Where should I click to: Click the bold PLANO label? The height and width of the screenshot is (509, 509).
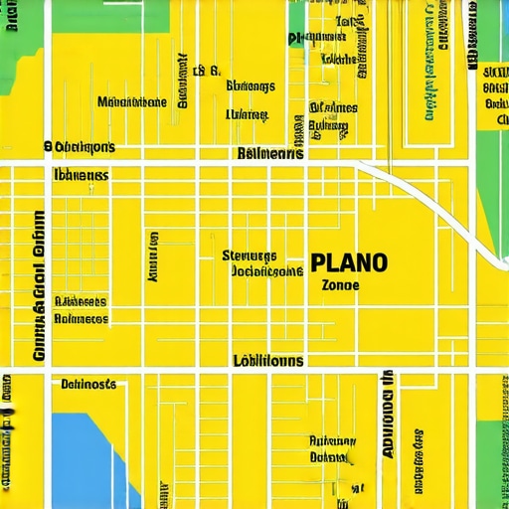coord(349,262)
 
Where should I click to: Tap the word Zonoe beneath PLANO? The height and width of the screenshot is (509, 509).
coord(340,284)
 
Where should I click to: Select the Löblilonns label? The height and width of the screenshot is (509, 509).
coord(268,361)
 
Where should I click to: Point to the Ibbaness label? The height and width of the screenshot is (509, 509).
coord(81,174)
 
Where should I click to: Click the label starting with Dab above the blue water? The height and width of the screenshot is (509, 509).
coord(87,384)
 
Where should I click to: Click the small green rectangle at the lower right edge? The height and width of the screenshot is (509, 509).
coord(491,437)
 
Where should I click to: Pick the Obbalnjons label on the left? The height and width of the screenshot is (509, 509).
coord(80,147)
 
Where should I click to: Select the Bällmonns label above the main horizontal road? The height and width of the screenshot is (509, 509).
coord(271,154)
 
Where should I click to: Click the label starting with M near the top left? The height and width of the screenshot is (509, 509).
coord(132,101)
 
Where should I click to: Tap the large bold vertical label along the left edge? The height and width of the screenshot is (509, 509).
coord(38,288)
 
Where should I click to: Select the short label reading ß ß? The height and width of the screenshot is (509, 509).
coord(205,71)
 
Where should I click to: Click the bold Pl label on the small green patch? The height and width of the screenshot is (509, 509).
coord(296,39)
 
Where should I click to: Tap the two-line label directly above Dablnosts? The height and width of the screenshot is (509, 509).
coord(81,310)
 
